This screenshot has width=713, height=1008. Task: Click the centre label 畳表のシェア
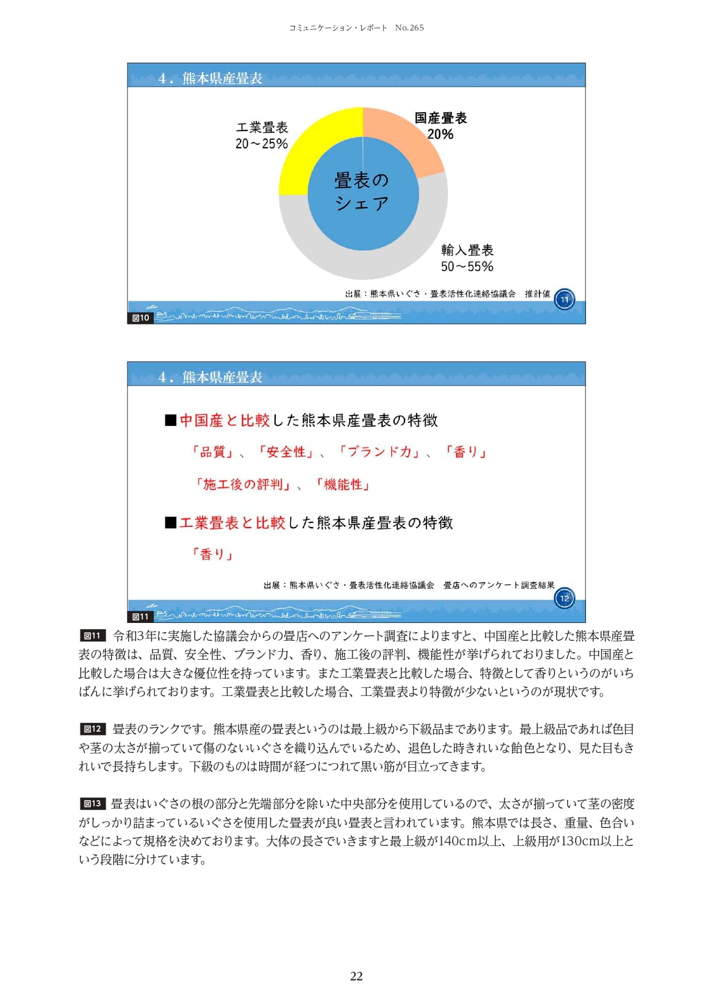(362, 191)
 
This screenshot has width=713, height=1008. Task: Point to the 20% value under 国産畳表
(440, 134)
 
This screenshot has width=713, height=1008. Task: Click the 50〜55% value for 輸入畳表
(467, 267)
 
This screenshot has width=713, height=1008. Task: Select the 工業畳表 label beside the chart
(262, 127)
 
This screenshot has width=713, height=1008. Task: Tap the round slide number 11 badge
(564, 299)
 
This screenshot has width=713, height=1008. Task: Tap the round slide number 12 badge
(564, 598)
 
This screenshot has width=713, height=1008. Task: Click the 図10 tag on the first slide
(141, 318)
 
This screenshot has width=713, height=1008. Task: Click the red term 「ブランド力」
(379, 452)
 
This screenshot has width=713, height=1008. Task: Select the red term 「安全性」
(286, 452)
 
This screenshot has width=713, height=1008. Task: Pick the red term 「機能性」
(343, 484)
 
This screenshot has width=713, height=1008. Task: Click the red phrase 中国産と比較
(225, 421)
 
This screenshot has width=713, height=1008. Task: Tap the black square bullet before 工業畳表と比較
(171, 522)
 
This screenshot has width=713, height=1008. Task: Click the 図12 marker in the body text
(93, 729)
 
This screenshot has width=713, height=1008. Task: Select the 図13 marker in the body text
(93, 804)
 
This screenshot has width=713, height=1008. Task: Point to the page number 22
(356, 976)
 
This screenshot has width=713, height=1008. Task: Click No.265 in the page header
(410, 28)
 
